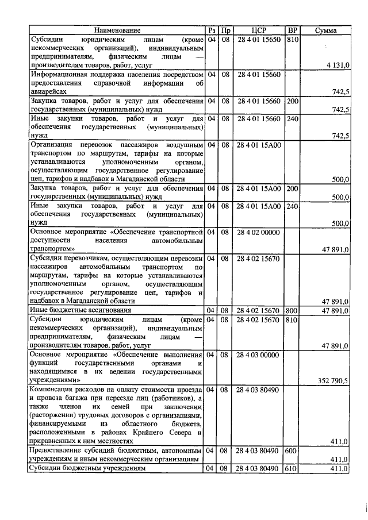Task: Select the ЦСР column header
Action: tap(258, 30)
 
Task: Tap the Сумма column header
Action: tap(325, 30)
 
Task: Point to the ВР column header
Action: tap(293, 30)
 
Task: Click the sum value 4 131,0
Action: tap(338, 66)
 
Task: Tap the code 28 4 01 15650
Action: tap(258, 40)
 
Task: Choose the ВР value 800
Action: tap(293, 310)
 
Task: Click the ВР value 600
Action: tap(293, 450)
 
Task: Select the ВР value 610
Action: tap(293, 468)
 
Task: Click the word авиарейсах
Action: tap(49, 91)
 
